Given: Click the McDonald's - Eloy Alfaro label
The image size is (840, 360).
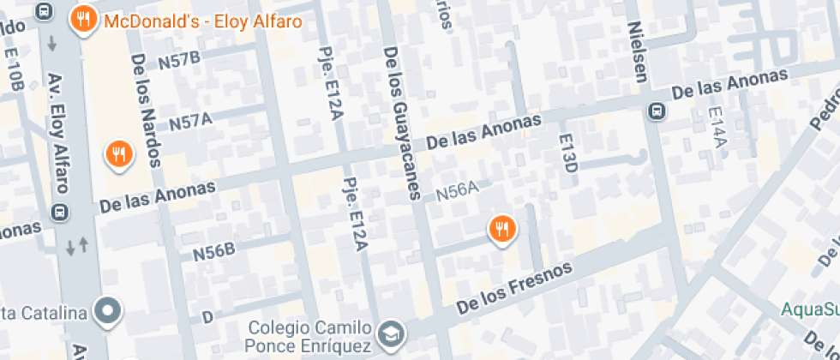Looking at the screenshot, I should [202, 21].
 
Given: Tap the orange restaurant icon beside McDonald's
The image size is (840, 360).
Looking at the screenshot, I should [83, 19].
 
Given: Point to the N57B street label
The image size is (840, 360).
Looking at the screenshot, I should [179, 59].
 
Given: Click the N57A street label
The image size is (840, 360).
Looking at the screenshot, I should [190, 123].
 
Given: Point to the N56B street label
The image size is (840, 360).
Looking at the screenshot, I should [213, 252].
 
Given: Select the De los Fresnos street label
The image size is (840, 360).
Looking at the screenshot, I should [513, 288].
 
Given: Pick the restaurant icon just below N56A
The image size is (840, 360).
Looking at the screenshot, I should [501, 229].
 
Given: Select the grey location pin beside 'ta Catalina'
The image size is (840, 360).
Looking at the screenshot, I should [109, 310].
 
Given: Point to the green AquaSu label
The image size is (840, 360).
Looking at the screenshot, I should [810, 309].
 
